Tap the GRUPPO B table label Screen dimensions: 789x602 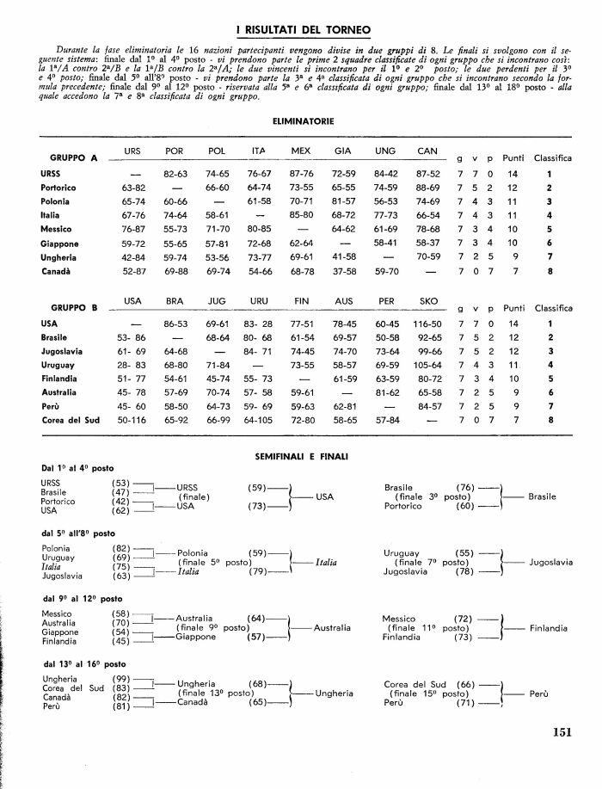pos(75,306)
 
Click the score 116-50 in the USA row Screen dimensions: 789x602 pos(427,324)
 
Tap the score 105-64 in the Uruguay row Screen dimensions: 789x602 pos(427,364)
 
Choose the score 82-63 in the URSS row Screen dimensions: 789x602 pos(175,174)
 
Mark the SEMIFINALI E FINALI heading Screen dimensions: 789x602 pos(302,453)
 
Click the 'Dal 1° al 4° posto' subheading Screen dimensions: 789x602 pos(77,468)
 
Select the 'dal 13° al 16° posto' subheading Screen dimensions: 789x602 pos(83,664)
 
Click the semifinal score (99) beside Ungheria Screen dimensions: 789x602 pos(120,680)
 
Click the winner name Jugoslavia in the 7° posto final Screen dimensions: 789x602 pos(551,562)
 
